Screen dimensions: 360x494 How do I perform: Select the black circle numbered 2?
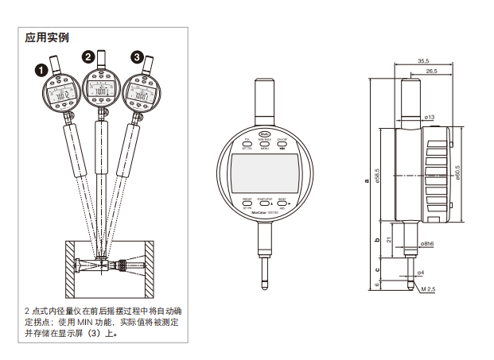[88, 56]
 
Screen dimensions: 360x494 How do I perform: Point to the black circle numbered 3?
[138, 56]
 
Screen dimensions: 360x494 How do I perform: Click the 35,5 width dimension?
[422, 61]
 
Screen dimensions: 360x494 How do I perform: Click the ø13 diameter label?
[430, 118]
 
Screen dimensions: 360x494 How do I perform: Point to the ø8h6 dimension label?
[428, 243]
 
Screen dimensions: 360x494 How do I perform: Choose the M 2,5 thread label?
[428, 288]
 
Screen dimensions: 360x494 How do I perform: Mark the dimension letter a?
[367, 181]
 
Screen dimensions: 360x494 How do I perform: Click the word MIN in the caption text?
[87, 322]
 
